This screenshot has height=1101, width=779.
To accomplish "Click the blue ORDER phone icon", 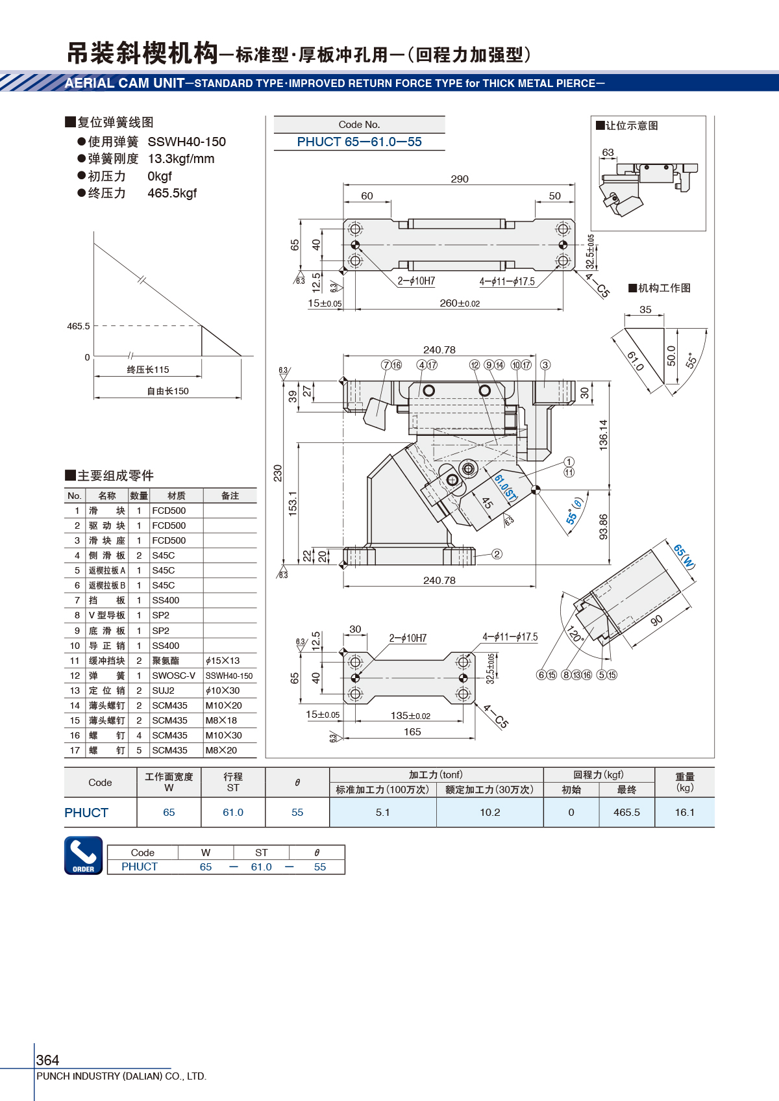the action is pos(83,855).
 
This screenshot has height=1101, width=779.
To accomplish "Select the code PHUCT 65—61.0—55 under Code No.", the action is pos(359,142).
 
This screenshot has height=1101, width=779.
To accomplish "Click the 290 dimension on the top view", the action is pos(460,179).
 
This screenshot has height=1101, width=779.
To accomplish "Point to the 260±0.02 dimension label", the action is pos(460,303).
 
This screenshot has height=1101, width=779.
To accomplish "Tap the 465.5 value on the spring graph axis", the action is pos(79,326).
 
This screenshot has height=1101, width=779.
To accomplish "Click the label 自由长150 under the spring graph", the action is pos(167,391).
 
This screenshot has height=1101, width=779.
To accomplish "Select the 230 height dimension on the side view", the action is pos(278,473).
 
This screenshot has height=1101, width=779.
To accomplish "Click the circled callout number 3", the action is pos(545,364).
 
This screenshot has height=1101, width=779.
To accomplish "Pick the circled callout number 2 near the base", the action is pos(497,554).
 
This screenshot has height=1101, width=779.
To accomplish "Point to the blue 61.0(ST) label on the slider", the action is pos(506,488).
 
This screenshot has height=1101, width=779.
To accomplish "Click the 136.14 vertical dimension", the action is pos(604,435).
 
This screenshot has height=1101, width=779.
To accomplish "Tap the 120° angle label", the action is pos(575,634).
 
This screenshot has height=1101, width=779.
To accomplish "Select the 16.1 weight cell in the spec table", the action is pos(685,813).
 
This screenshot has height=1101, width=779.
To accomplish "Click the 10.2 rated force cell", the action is pos(489,813).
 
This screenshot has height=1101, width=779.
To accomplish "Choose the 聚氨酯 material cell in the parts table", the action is pos(166,661).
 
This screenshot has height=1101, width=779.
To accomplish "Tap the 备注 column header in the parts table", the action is pos(230,496).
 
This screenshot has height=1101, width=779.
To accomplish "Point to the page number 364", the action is pos(47,1059).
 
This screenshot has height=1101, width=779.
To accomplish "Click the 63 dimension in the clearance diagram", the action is pos(608,153).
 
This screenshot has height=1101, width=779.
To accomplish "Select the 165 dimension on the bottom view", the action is pos(412,732).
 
